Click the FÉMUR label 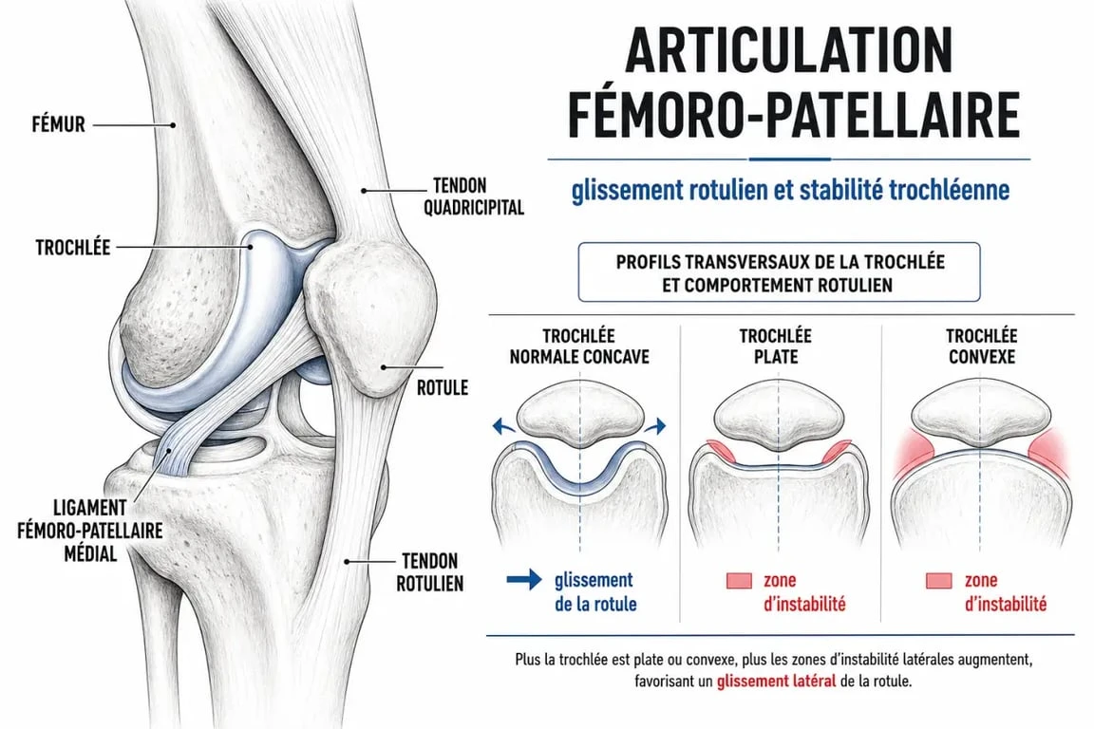click(59, 125)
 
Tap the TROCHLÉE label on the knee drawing click(73, 247)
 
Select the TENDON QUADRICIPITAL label click(474, 196)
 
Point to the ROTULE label click(443, 388)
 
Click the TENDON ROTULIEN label click(430, 572)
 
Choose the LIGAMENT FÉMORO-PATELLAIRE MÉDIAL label click(90, 531)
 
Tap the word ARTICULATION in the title click(788, 50)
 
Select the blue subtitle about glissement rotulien click(790, 190)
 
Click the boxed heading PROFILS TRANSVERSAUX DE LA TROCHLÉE click(780, 272)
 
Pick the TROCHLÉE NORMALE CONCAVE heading click(579, 346)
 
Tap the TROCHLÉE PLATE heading click(776, 346)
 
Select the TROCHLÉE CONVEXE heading click(982, 346)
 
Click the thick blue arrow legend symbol click(524, 580)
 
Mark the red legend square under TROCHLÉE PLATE click(740, 580)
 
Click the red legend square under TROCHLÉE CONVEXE click(939, 580)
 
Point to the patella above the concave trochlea click(579, 416)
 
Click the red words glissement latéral click(776, 682)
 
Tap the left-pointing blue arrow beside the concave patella click(504, 425)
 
